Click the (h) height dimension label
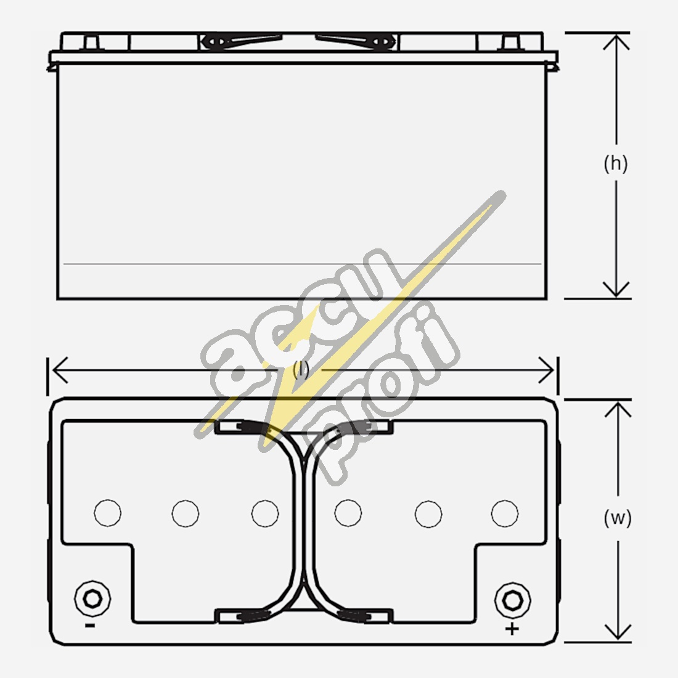(x=615, y=164)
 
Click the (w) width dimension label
(x=618, y=518)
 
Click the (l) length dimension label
(x=301, y=370)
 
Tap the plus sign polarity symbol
(x=512, y=628)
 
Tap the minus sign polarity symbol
(x=90, y=625)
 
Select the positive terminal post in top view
(x=513, y=600)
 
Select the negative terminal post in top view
(x=92, y=599)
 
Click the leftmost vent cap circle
(x=108, y=513)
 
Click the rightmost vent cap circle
(x=505, y=513)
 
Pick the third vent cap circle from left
(x=265, y=513)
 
